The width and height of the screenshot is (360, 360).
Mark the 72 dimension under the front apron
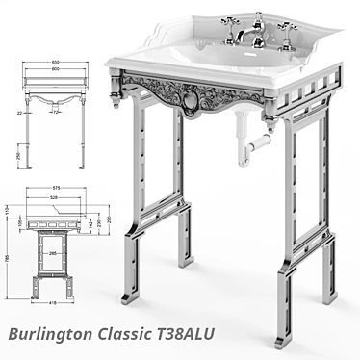coord(57,113)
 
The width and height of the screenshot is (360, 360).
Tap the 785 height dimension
coord(9,259)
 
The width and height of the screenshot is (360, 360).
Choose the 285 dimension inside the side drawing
coord(56,255)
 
